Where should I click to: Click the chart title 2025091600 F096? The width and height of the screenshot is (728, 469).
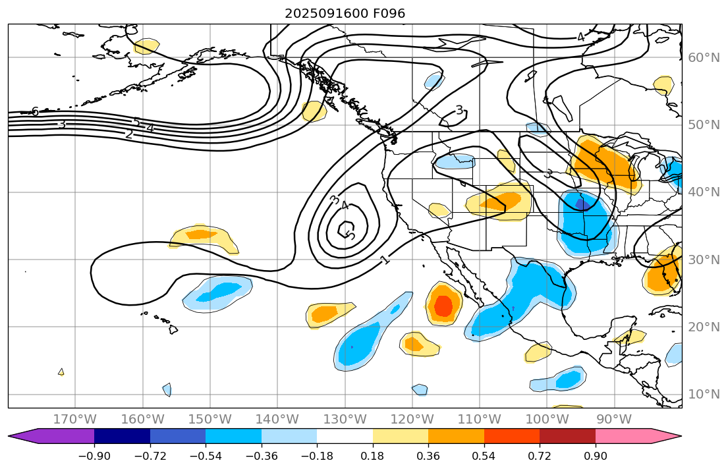pyautogui.click(x=345, y=13)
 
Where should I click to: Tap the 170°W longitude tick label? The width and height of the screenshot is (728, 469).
pyautogui.click(x=75, y=420)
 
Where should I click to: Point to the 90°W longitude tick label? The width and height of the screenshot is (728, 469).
pyautogui.click(x=614, y=420)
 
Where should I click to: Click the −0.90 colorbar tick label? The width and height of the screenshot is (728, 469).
pyautogui.click(x=94, y=456)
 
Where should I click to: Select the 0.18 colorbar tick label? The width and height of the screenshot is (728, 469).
pyautogui.click(x=373, y=456)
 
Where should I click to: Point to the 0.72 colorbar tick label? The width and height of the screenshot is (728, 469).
pyautogui.click(x=540, y=456)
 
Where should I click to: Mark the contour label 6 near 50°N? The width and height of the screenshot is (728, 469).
pyautogui.click(x=35, y=111)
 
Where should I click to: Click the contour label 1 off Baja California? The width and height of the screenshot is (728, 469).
pyautogui.click(x=385, y=260)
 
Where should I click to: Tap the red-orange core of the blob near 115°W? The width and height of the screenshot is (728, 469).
pyautogui.click(x=443, y=306)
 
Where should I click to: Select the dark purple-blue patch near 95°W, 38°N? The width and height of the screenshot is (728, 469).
pyautogui.click(x=582, y=204)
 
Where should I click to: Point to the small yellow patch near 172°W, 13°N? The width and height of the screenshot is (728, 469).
pyautogui.click(x=61, y=372)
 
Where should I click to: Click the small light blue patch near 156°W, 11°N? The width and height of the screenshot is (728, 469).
pyautogui.click(x=167, y=389)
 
